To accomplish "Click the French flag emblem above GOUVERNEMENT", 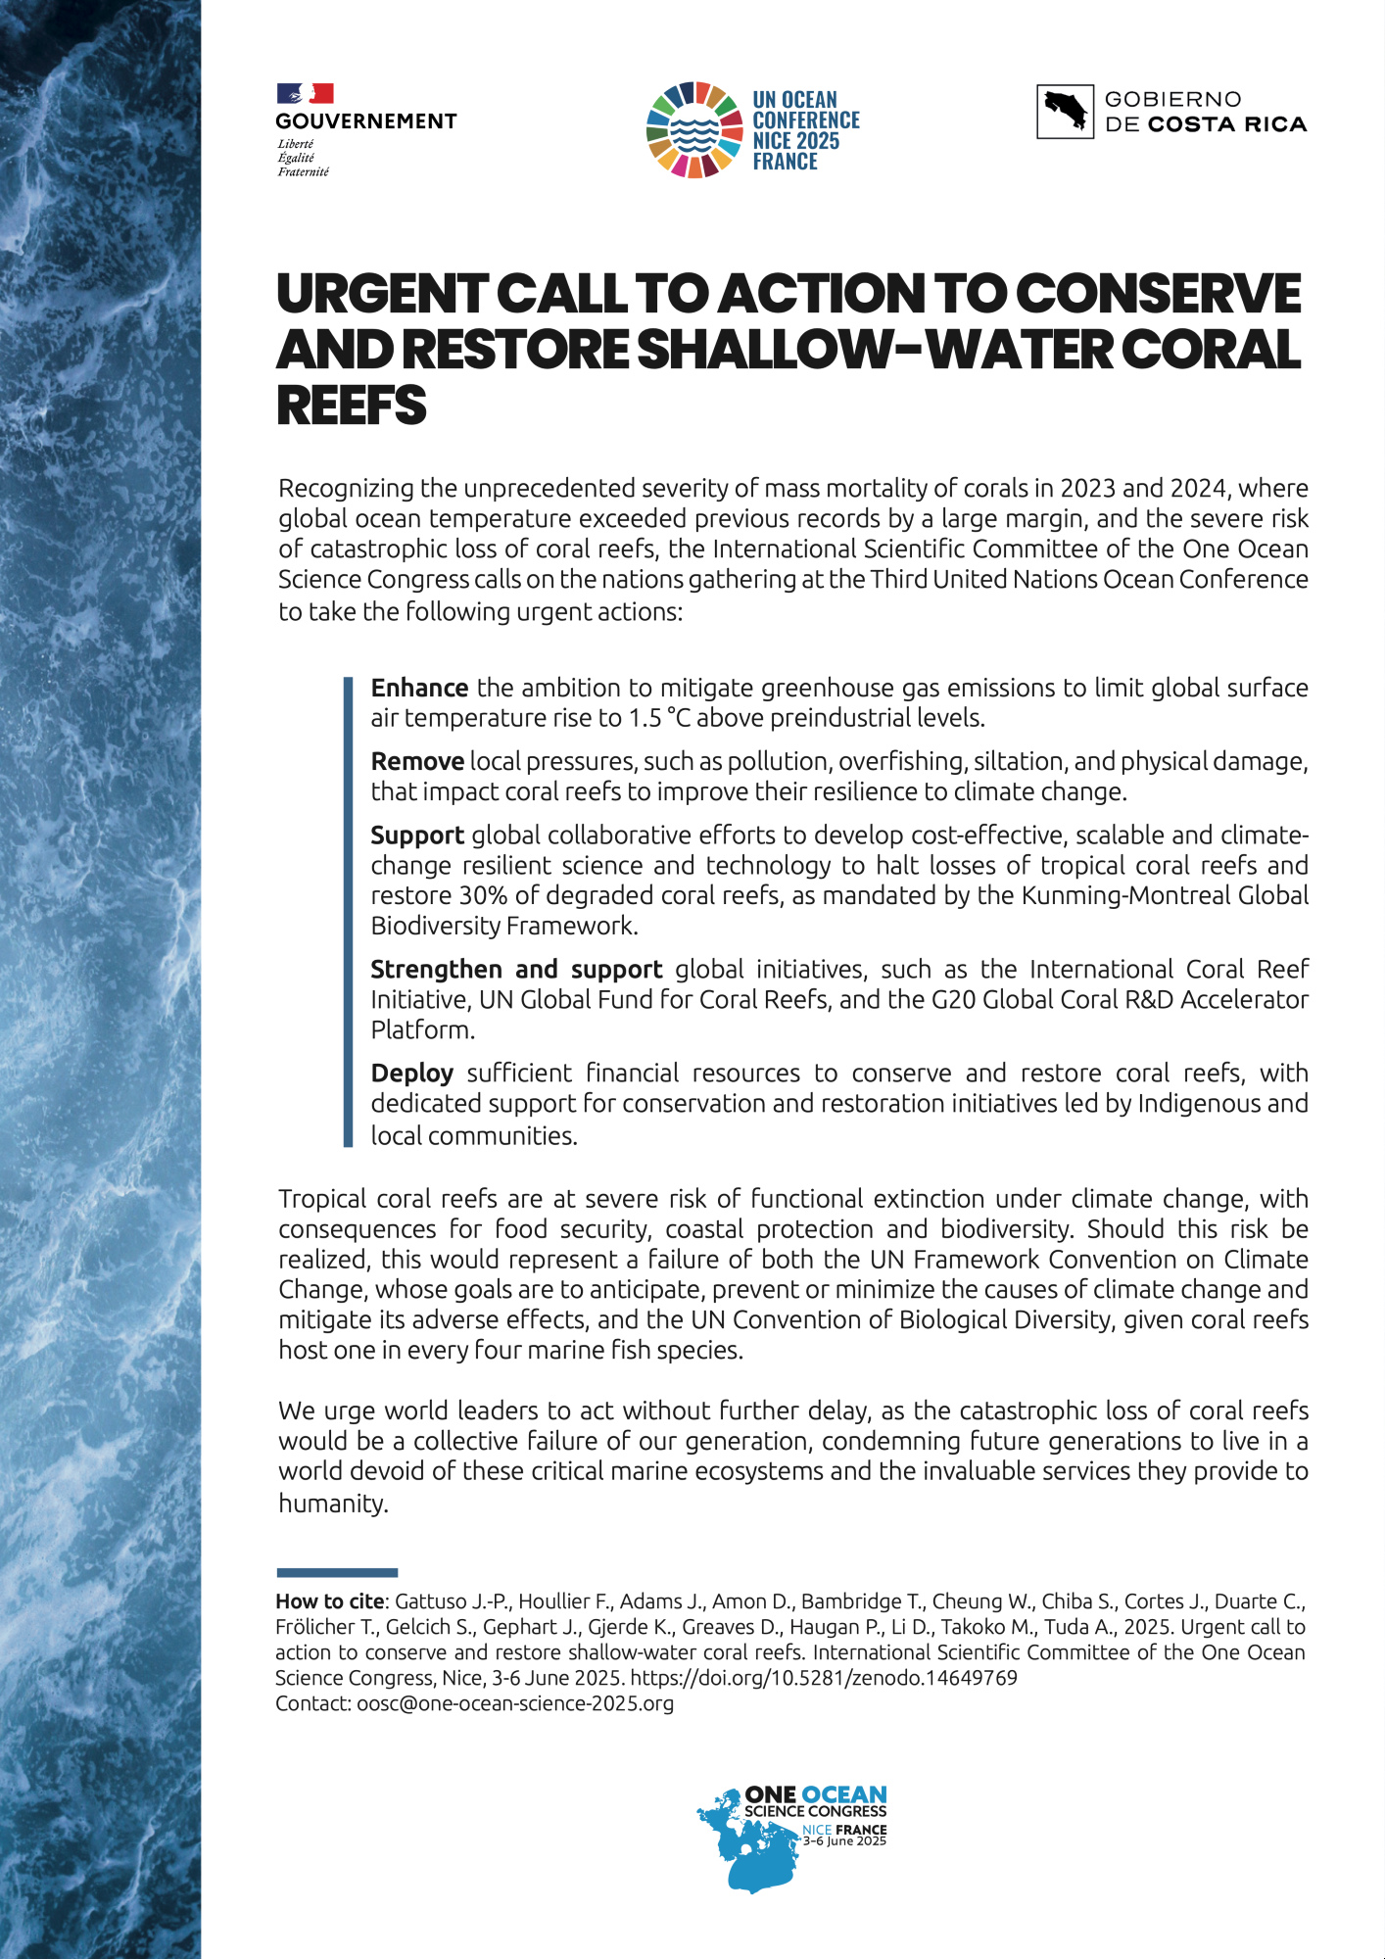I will pyautogui.click(x=305, y=94).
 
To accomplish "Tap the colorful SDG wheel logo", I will pyautogui.click(x=693, y=129).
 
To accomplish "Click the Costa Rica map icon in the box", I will pyautogui.click(x=1065, y=112).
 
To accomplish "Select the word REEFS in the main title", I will pyautogui.click(x=352, y=406).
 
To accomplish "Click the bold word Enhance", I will pyautogui.click(x=419, y=688).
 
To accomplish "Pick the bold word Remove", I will pyautogui.click(x=417, y=761).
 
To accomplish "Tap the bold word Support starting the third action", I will pyautogui.click(x=417, y=835).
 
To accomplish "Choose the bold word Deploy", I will pyautogui.click(x=411, y=1073).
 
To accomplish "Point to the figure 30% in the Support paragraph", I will pyautogui.click(x=483, y=895).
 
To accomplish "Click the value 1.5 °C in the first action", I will pyautogui.click(x=659, y=718).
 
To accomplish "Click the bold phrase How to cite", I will pyautogui.click(x=330, y=1601).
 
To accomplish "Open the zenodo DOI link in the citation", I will pyautogui.click(x=824, y=1678).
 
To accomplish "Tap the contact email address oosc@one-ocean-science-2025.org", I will pyautogui.click(x=515, y=1703).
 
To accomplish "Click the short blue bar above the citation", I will pyautogui.click(x=337, y=1573).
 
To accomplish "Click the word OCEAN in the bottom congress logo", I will pyautogui.click(x=843, y=1794).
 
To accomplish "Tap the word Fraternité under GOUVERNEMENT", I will pyautogui.click(x=304, y=171).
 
